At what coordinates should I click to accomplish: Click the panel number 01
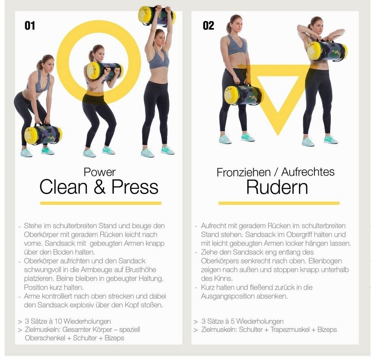pyautogui.click(x=30, y=26)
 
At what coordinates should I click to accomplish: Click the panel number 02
pyautogui.click(x=208, y=26)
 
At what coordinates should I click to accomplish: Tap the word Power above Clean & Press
pyautogui.click(x=99, y=172)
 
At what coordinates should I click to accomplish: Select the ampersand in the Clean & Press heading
pyautogui.click(x=99, y=187)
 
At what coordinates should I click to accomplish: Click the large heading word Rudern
pyautogui.click(x=277, y=187)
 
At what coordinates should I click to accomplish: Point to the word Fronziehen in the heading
pyautogui.click(x=244, y=172)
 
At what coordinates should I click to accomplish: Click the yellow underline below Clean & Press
pyautogui.click(x=101, y=203)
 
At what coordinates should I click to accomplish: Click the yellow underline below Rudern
pyautogui.click(x=279, y=203)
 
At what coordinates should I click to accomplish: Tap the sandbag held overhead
pyautogui.click(x=157, y=15)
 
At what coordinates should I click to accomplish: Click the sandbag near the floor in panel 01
pyautogui.click(x=43, y=135)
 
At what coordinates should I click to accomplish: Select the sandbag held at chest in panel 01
pyautogui.click(x=104, y=71)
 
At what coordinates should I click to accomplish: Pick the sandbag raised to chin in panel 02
pyautogui.click(x=327, y=51)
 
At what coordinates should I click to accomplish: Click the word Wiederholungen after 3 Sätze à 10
pyautogui.click(x=87, y=322)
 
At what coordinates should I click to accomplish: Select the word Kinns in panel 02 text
pyautogui.click(x=223, y=278)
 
